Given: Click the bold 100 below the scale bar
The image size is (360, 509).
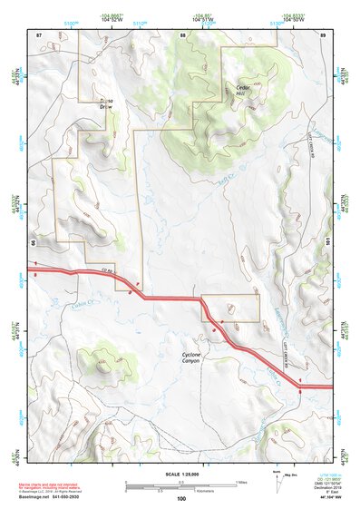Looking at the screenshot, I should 181,498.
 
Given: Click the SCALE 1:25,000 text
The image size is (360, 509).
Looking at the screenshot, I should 180,473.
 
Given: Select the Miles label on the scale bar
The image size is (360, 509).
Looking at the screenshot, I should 238,482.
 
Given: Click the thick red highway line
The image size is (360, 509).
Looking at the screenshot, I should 172,298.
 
